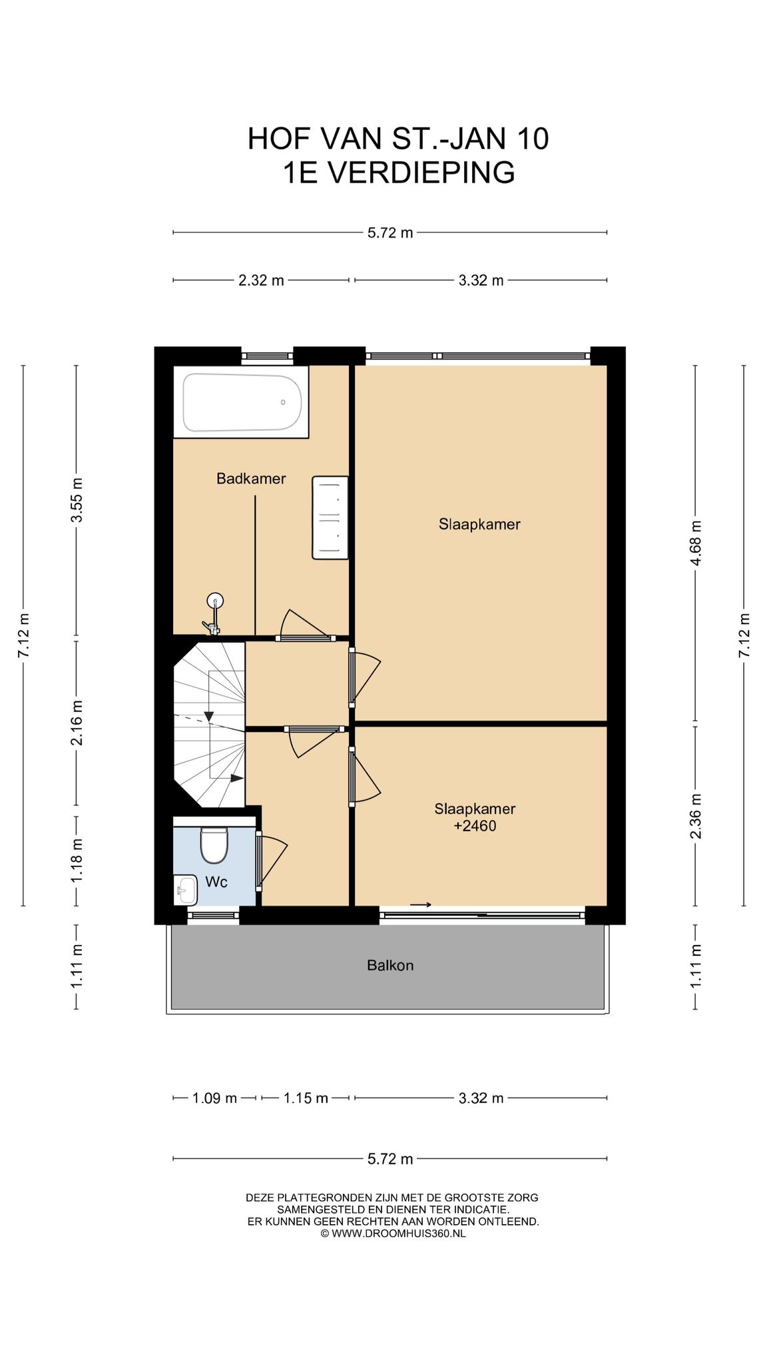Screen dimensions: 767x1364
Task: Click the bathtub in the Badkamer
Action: pyautogui.click(x=242, y=402)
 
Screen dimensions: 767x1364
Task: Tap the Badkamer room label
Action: pyautogui.click(x=251, y=478)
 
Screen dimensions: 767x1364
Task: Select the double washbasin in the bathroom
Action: pyautogui.click(x=330, y=517)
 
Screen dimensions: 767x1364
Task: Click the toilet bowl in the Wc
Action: pyautogui.click(x=214, y=844)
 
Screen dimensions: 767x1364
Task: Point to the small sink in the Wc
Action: pyautogui.click(x=186, y=890)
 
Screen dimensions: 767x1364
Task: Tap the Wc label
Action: pyautogui.click(x=216, y=882)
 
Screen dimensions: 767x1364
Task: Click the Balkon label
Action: pyautogui.click(x=390, y=965)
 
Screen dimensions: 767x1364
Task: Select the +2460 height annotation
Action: pyautogui.click(x=475, y=827)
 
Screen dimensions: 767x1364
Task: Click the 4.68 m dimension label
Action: pyautogui.click(x=696, y=543)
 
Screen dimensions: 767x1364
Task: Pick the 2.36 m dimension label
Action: pyautogui.click(x=696, y=817)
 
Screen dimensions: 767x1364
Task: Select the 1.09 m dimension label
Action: pyautogui.click(x=214, y=1098)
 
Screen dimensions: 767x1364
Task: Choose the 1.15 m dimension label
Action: pyautogui.click(x=306, y=1098)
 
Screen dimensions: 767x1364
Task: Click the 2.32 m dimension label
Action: pyautogui.click(x=261, y=280)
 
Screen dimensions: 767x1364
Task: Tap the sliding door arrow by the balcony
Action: pyautogui.click(x=421, y=904)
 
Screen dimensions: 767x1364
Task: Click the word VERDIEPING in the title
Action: pyautogui.click(x=422, y=172)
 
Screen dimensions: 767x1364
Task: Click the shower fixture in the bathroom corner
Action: pyautogui.click(x=214, y=613)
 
